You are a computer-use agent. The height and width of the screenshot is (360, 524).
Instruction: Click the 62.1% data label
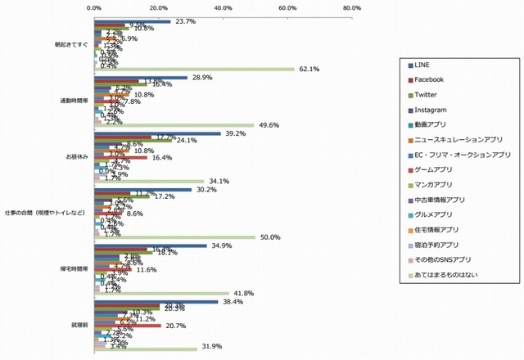pyautogui.click(x=307, y=69)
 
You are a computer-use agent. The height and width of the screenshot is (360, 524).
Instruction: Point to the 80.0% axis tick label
pyautogui.click(x=352, y=8)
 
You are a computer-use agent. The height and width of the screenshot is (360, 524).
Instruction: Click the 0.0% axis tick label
pyautogui.click(x=94, y=8)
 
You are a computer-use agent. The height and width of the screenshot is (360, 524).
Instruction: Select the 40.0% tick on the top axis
pyautogui.click(x=223, y=8)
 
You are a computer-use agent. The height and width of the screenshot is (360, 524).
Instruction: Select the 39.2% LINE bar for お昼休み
pyautogui.click(x=157, y=133)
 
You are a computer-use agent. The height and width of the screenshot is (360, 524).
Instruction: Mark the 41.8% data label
pyautogui.click(x=242, y=293)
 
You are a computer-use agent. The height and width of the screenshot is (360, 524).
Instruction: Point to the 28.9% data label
pyautogui.click(x=201, y=77)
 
